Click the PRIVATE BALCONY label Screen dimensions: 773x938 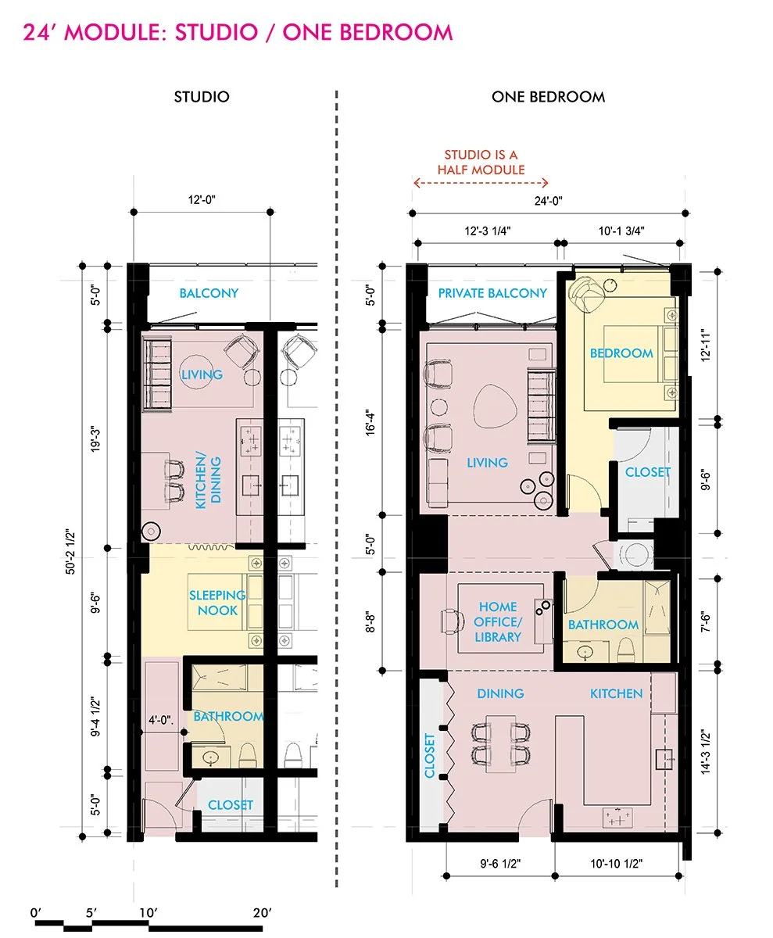point(492,293)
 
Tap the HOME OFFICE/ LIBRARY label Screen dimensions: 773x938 point(498,621)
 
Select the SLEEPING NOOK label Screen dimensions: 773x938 point(217,603)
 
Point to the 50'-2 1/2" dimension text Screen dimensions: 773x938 point(70,552)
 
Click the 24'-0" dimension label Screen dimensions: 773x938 point(548,201)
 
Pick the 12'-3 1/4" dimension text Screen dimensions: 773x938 point(488,231)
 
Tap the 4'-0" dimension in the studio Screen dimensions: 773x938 point(161,720)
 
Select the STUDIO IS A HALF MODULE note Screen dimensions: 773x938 point(481,162)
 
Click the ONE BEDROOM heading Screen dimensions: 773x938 point(548,97)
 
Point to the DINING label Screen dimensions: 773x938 point(500,693)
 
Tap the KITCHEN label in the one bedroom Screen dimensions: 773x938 point(616,693)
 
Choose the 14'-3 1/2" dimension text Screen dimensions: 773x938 point(706,752)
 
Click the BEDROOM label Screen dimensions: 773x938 point(621,353)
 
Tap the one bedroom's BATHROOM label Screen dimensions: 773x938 point(603,625)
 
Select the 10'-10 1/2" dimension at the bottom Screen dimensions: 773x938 point(616,864)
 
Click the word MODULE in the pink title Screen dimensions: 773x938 point(116,32)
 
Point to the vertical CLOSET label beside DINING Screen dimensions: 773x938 point(430,756)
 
